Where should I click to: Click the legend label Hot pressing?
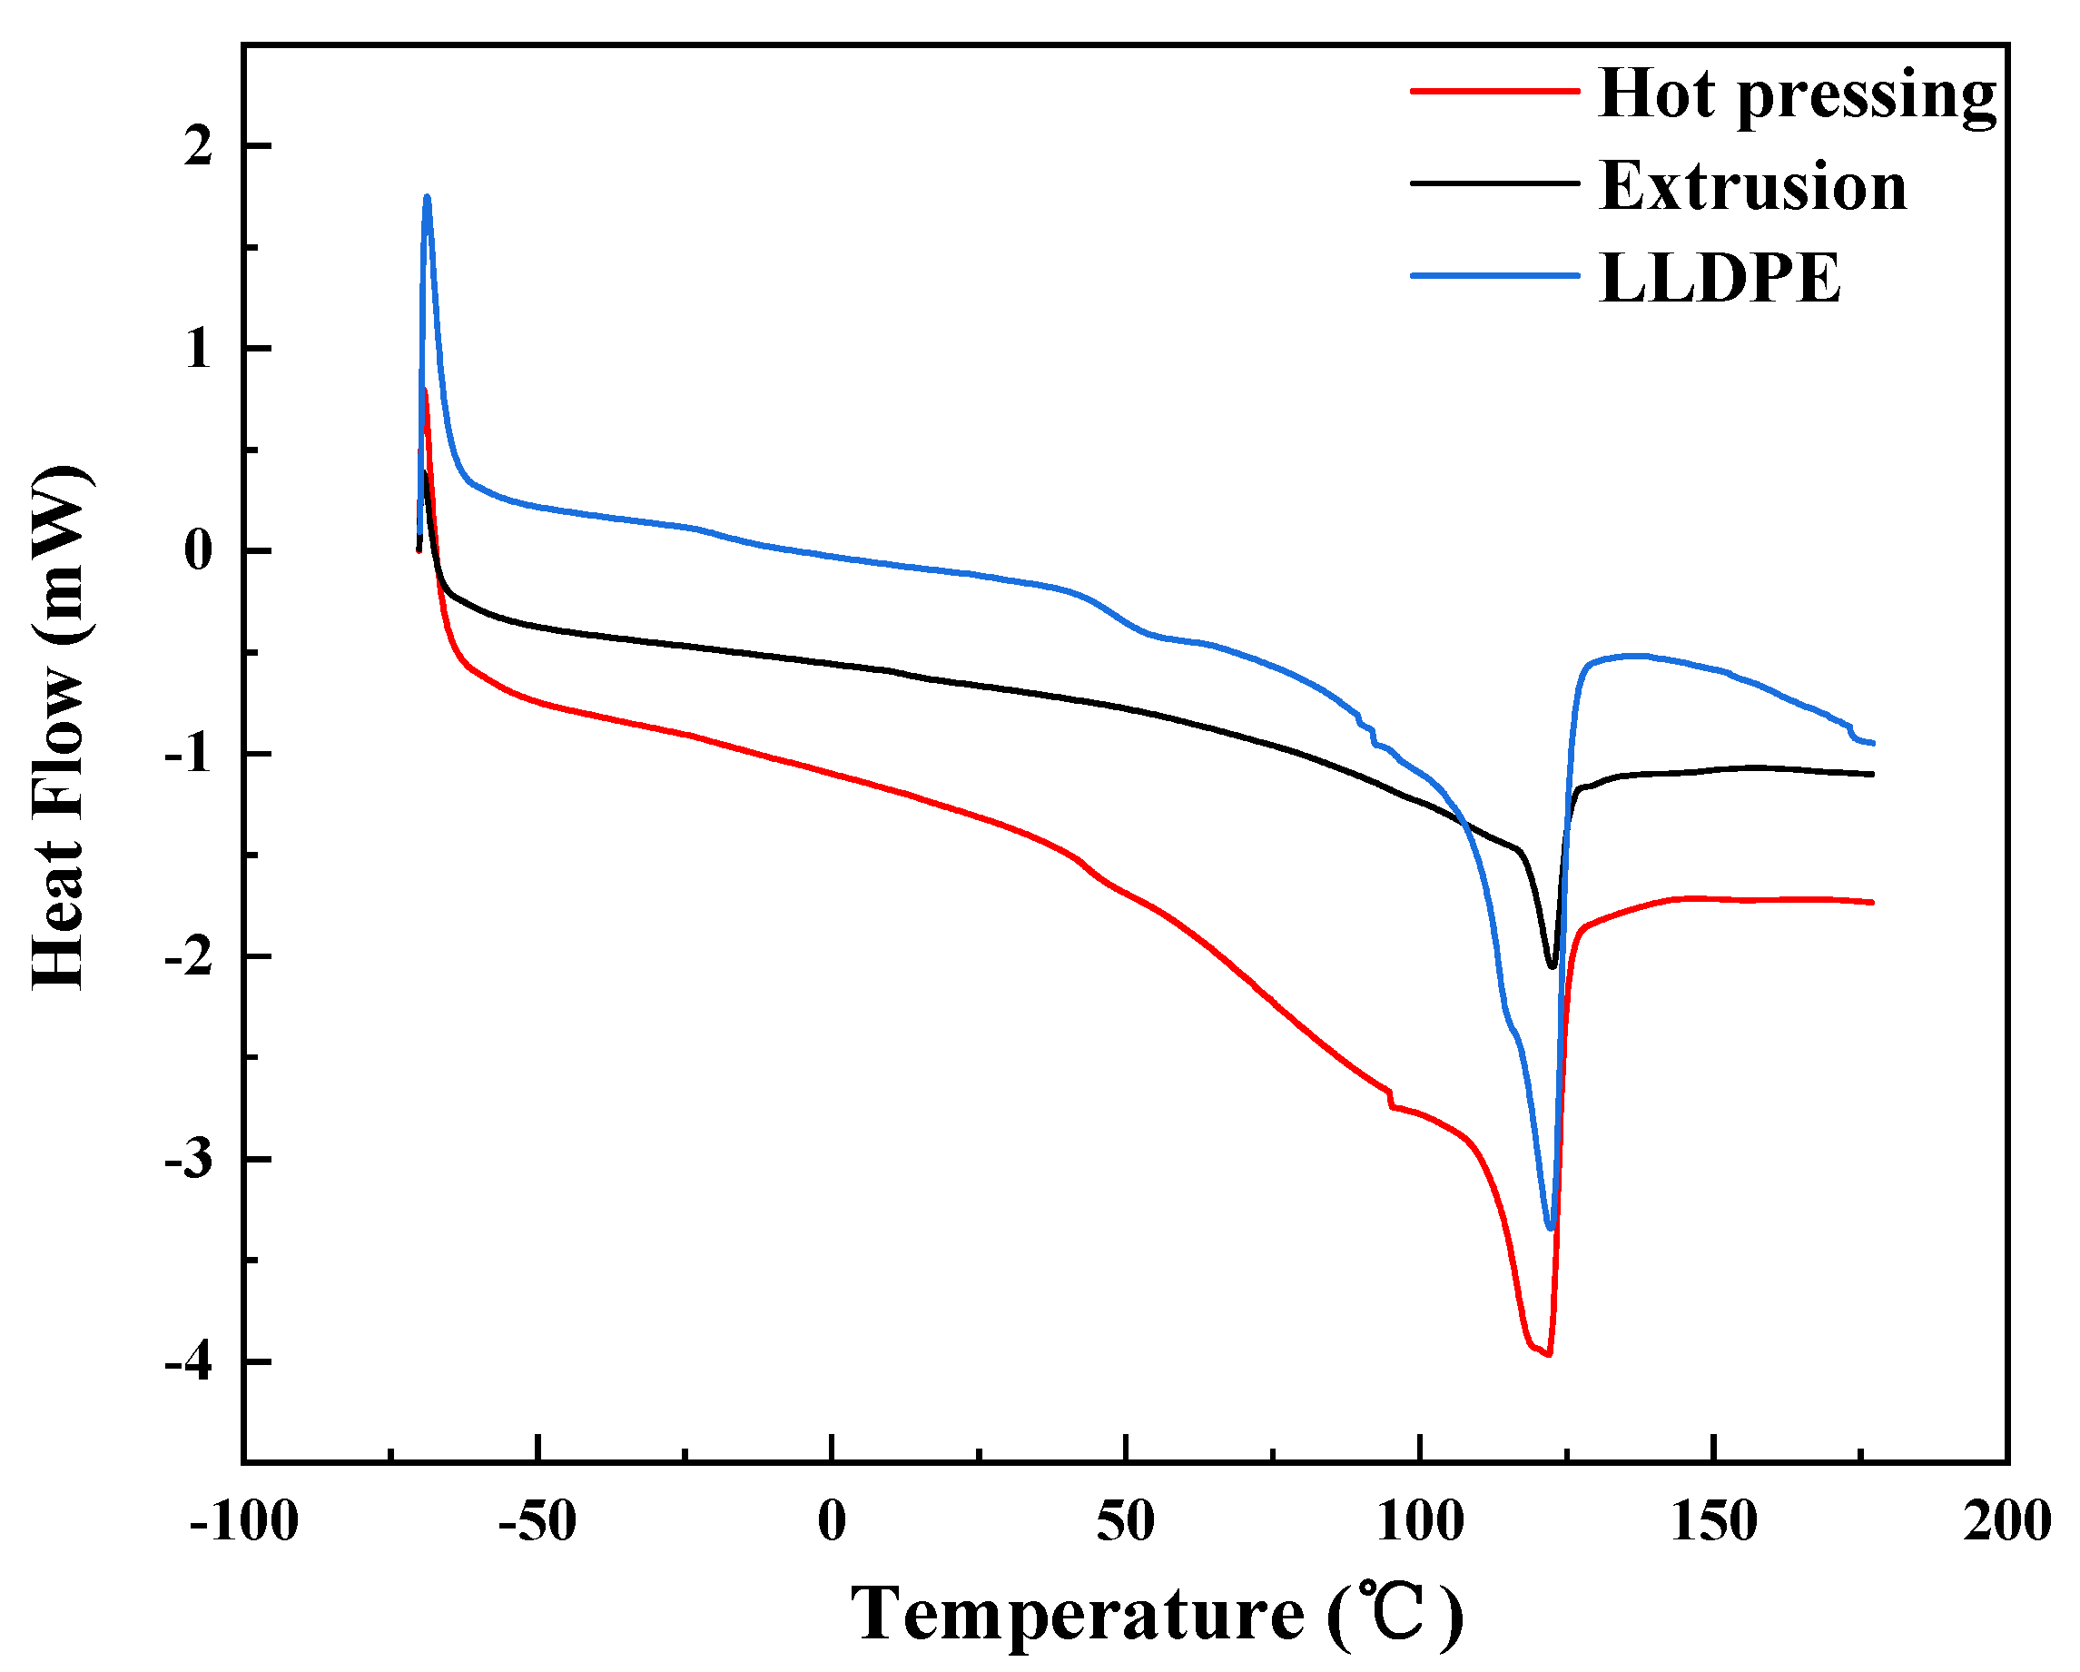[x=1797, y=94]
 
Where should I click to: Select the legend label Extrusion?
[x=1753, y=185]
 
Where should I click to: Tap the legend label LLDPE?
[x=1720, y=279]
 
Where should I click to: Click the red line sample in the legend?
[x=1494, y=91]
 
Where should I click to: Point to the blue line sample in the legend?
[x=1494, y=276]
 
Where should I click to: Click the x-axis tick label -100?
[x=244, y=1522]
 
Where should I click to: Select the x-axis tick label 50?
[x=1125, y=1522]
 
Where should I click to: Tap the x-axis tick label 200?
[x=2006, y=1522]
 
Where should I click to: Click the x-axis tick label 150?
[x=1713, y=1522]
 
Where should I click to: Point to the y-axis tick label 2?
[x=198, y=146]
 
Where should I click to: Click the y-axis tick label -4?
[x=188, y=1363]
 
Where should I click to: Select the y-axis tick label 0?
[x=198, y=552]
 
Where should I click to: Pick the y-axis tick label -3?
[x=188, y=1160]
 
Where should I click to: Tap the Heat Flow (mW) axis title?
[x=60, y=728]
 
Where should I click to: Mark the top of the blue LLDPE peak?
[x=427, y=198]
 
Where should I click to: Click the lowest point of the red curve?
[x=1548, y=1354]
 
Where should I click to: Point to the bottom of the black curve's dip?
[x=1553, y=965]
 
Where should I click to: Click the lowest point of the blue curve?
[x=1551, y=1228]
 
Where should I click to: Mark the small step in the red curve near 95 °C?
[x=1391, y=1100]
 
